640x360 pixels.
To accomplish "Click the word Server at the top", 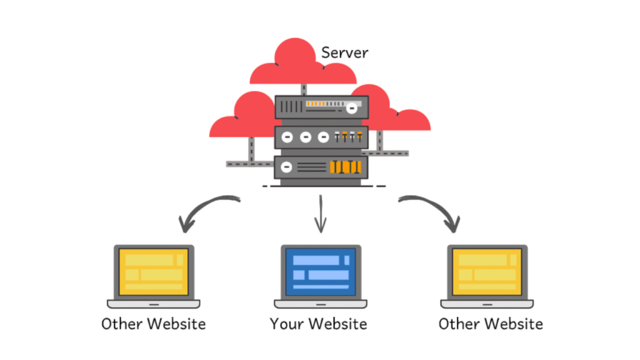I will click(x=344, y=52).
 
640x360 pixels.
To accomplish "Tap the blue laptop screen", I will click(x=321, y=271).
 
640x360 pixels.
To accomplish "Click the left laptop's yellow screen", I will click(x=154, y=271).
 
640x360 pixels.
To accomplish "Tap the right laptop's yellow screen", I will click(x=487, y=271).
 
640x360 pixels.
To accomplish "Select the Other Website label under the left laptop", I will click(x=154, y=324).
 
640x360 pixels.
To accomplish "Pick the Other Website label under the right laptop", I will click(x=491, y=324).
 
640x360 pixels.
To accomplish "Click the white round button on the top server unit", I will click(x=352, y=108).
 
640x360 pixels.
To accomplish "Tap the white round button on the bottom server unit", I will click(x=287, y=167).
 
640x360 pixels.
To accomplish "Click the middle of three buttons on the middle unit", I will click(x=305, y=137).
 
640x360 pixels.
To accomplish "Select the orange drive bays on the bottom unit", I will click(x=344, y=167).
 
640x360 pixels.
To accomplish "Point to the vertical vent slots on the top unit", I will click(x=291, y=107).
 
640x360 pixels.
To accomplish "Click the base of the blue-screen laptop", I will click(x=321, y=304).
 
